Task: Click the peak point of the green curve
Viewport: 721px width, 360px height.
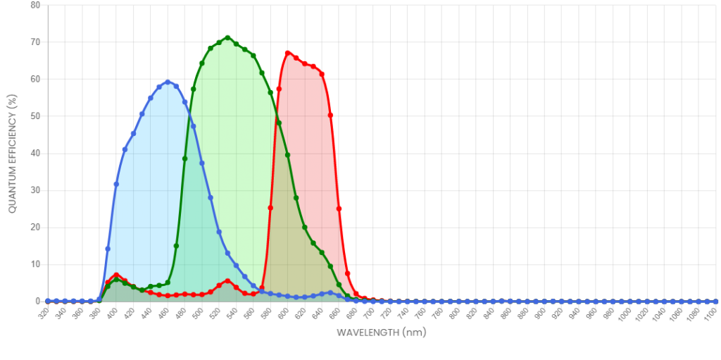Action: coord(227,38)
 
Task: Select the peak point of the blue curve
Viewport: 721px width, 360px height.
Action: coord(168,82)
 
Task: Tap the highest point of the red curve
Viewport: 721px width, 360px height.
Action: coord(288,54)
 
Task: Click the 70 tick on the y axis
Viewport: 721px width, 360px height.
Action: coord(35,42)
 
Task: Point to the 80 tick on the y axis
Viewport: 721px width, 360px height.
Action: coord(35,5)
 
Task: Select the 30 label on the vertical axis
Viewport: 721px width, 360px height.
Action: coord(35,191)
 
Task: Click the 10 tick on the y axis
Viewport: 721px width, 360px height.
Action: coord(35,265)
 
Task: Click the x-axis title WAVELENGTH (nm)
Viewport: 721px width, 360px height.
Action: coord(381,333)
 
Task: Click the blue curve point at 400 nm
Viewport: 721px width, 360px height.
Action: coord(116,184)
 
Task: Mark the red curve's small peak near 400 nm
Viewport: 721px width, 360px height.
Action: coord(116,275)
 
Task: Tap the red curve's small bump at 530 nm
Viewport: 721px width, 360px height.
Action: coord(227,281)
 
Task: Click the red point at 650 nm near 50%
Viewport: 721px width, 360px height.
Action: coord(331,115)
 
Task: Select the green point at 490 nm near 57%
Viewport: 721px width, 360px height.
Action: coord(194,89)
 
